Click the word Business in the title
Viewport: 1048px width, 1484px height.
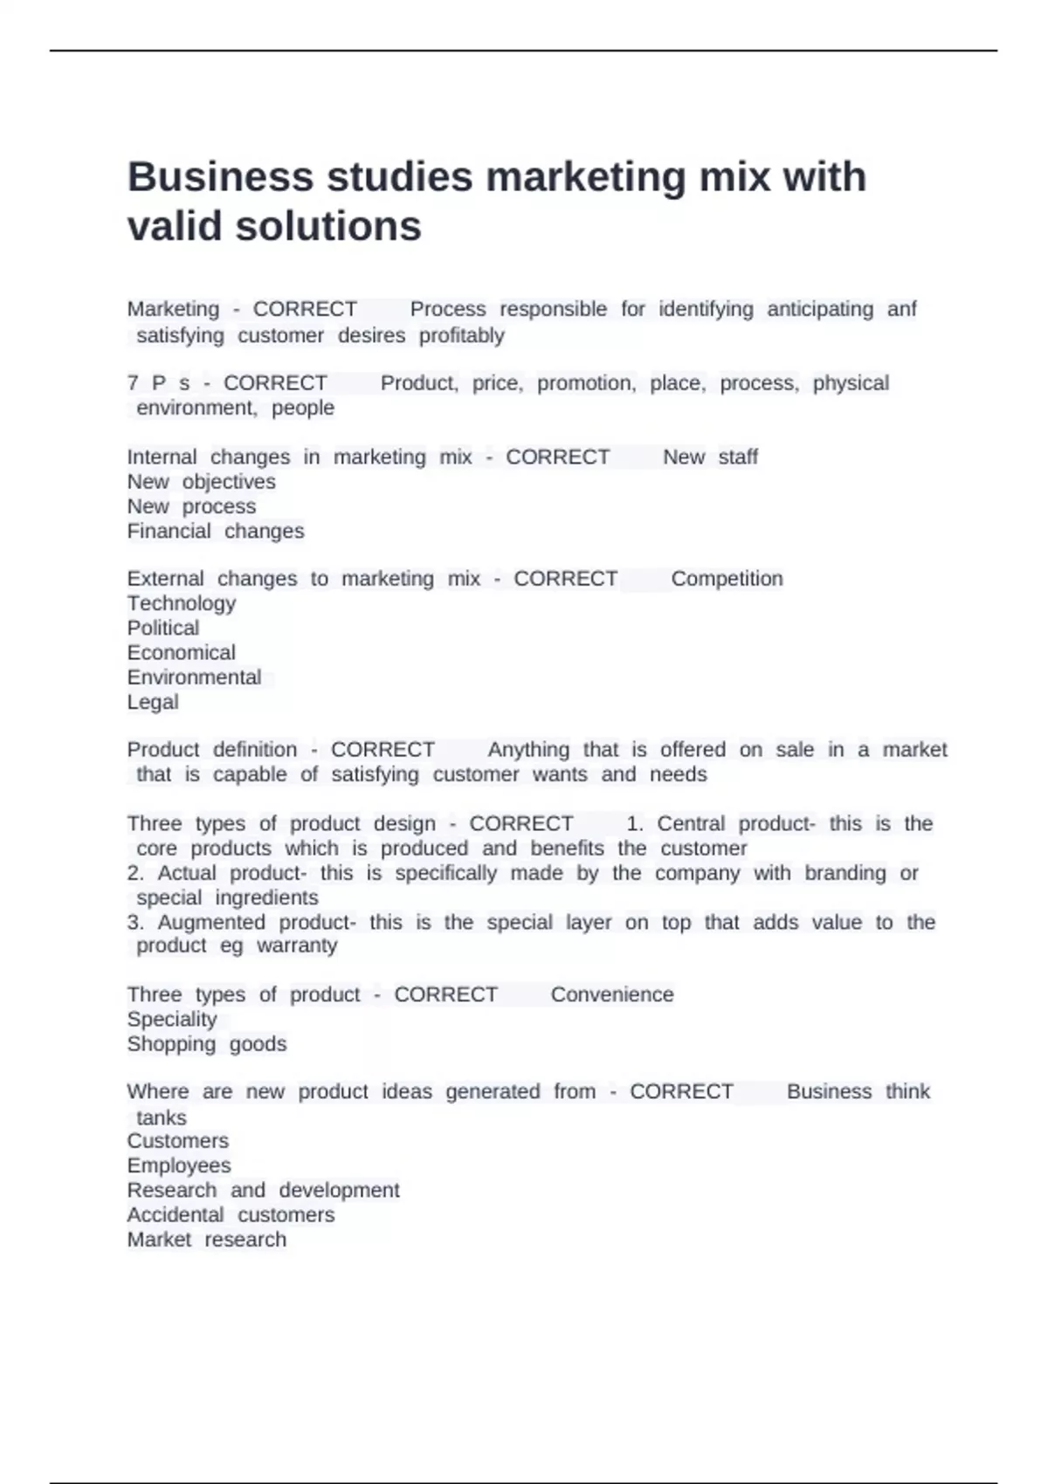tap(220, 177)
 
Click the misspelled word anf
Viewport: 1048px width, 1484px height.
tap(901, 309)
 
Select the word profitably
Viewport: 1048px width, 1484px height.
tap(461, 335)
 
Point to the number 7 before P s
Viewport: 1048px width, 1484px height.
tap(133, 383)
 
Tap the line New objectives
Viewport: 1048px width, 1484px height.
tap(201, 482)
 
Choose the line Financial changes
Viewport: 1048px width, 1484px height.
tap(216, 531)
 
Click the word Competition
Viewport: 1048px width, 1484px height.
tap(727, 579)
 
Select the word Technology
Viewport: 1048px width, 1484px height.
tap(182, 603)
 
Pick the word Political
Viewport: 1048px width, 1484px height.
tap(163, 628)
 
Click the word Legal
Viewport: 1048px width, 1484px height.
tap(153, 702)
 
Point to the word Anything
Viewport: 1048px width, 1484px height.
tap(528, 750)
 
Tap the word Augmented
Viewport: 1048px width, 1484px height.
tap(211, 922)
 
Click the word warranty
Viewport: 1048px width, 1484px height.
tap(296, 945)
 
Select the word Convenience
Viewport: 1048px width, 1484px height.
tap(612, 994)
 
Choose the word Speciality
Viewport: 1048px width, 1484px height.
tap(172, 1019)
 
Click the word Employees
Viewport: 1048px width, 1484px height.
tap(179, 1165)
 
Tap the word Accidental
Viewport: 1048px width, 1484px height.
tap(176, 1214)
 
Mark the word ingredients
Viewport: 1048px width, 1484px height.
tap(266, 897)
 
